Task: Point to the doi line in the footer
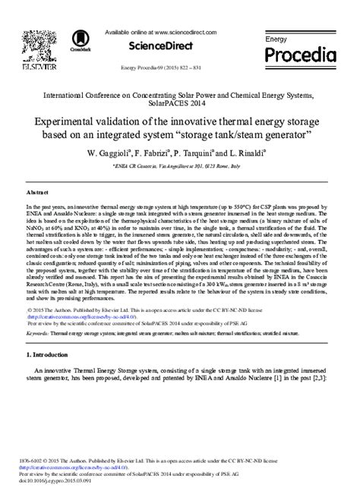63,482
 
